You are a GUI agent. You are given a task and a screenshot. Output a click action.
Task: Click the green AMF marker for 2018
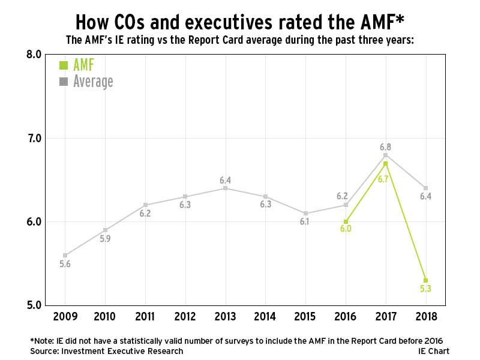(x=425, y=280)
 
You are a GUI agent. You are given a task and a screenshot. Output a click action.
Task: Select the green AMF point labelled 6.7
(x=385, y=163)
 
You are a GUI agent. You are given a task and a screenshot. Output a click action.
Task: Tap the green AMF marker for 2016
(x=346, y=221)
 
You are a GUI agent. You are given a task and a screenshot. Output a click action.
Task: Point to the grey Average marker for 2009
(x=65, y=255)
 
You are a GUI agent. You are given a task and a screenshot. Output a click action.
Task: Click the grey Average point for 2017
(x=385, y=155)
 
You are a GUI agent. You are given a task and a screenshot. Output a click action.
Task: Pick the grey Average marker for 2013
(x=225, y=188)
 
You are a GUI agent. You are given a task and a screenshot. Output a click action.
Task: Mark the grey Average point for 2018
(x=425, y=188)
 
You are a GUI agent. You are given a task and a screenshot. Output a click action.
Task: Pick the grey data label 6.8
(x=385, y=146)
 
